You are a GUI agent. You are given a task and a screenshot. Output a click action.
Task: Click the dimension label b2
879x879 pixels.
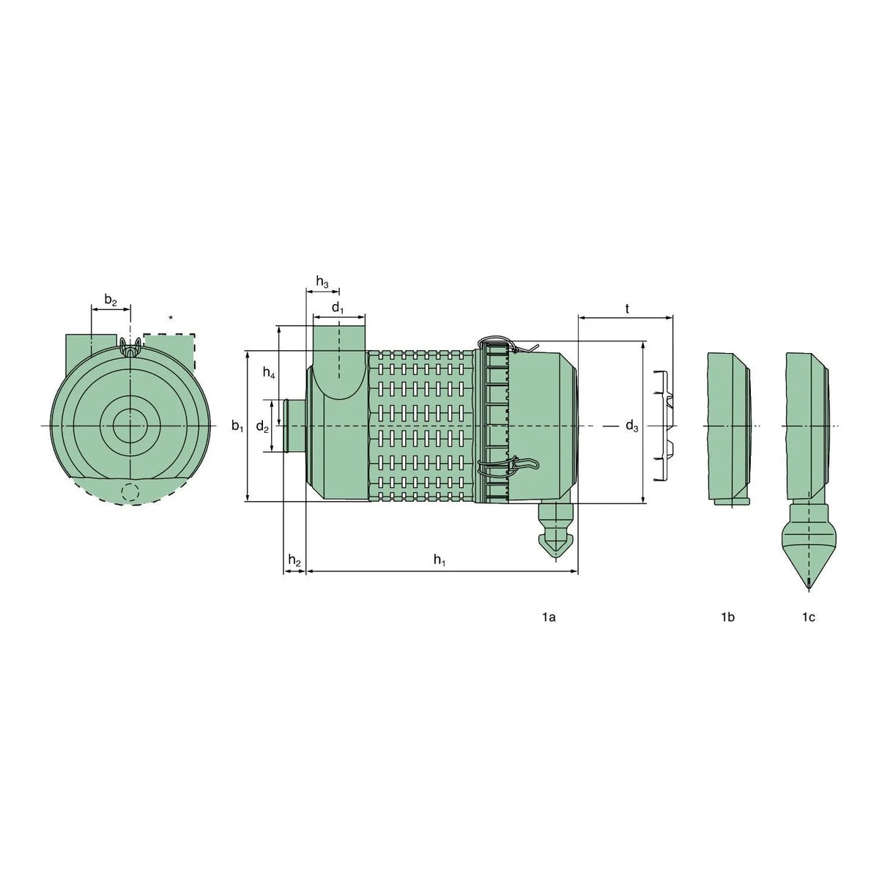pos(111,300)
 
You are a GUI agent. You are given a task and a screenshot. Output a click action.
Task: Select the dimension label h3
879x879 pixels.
pos(322,281)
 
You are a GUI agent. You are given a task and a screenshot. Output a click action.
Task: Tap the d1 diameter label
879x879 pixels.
pos(338,308)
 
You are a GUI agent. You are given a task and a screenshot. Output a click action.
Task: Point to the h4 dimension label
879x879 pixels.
pos(269,373)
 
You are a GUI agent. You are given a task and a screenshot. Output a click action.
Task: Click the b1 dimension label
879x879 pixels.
pos(237,426)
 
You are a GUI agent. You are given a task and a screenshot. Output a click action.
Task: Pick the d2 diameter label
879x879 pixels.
pos(262,426)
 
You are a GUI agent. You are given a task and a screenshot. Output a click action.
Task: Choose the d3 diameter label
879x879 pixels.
pos(631,426)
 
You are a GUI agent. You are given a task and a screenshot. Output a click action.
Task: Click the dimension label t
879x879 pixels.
pos(627,309)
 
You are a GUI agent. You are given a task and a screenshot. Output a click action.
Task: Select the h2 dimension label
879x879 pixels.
pos(294,560)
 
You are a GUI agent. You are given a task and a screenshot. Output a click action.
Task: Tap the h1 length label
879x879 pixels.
pos(439,560)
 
